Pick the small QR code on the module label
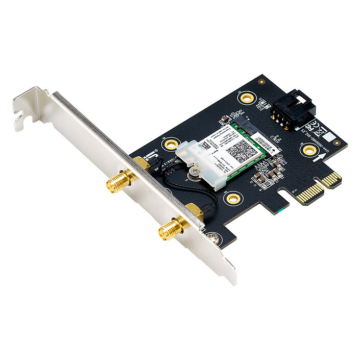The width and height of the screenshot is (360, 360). (x=204, y=145)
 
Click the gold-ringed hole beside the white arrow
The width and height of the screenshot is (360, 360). (x=309, y=150)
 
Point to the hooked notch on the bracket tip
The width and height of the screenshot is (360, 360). (x=19, y=121)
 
